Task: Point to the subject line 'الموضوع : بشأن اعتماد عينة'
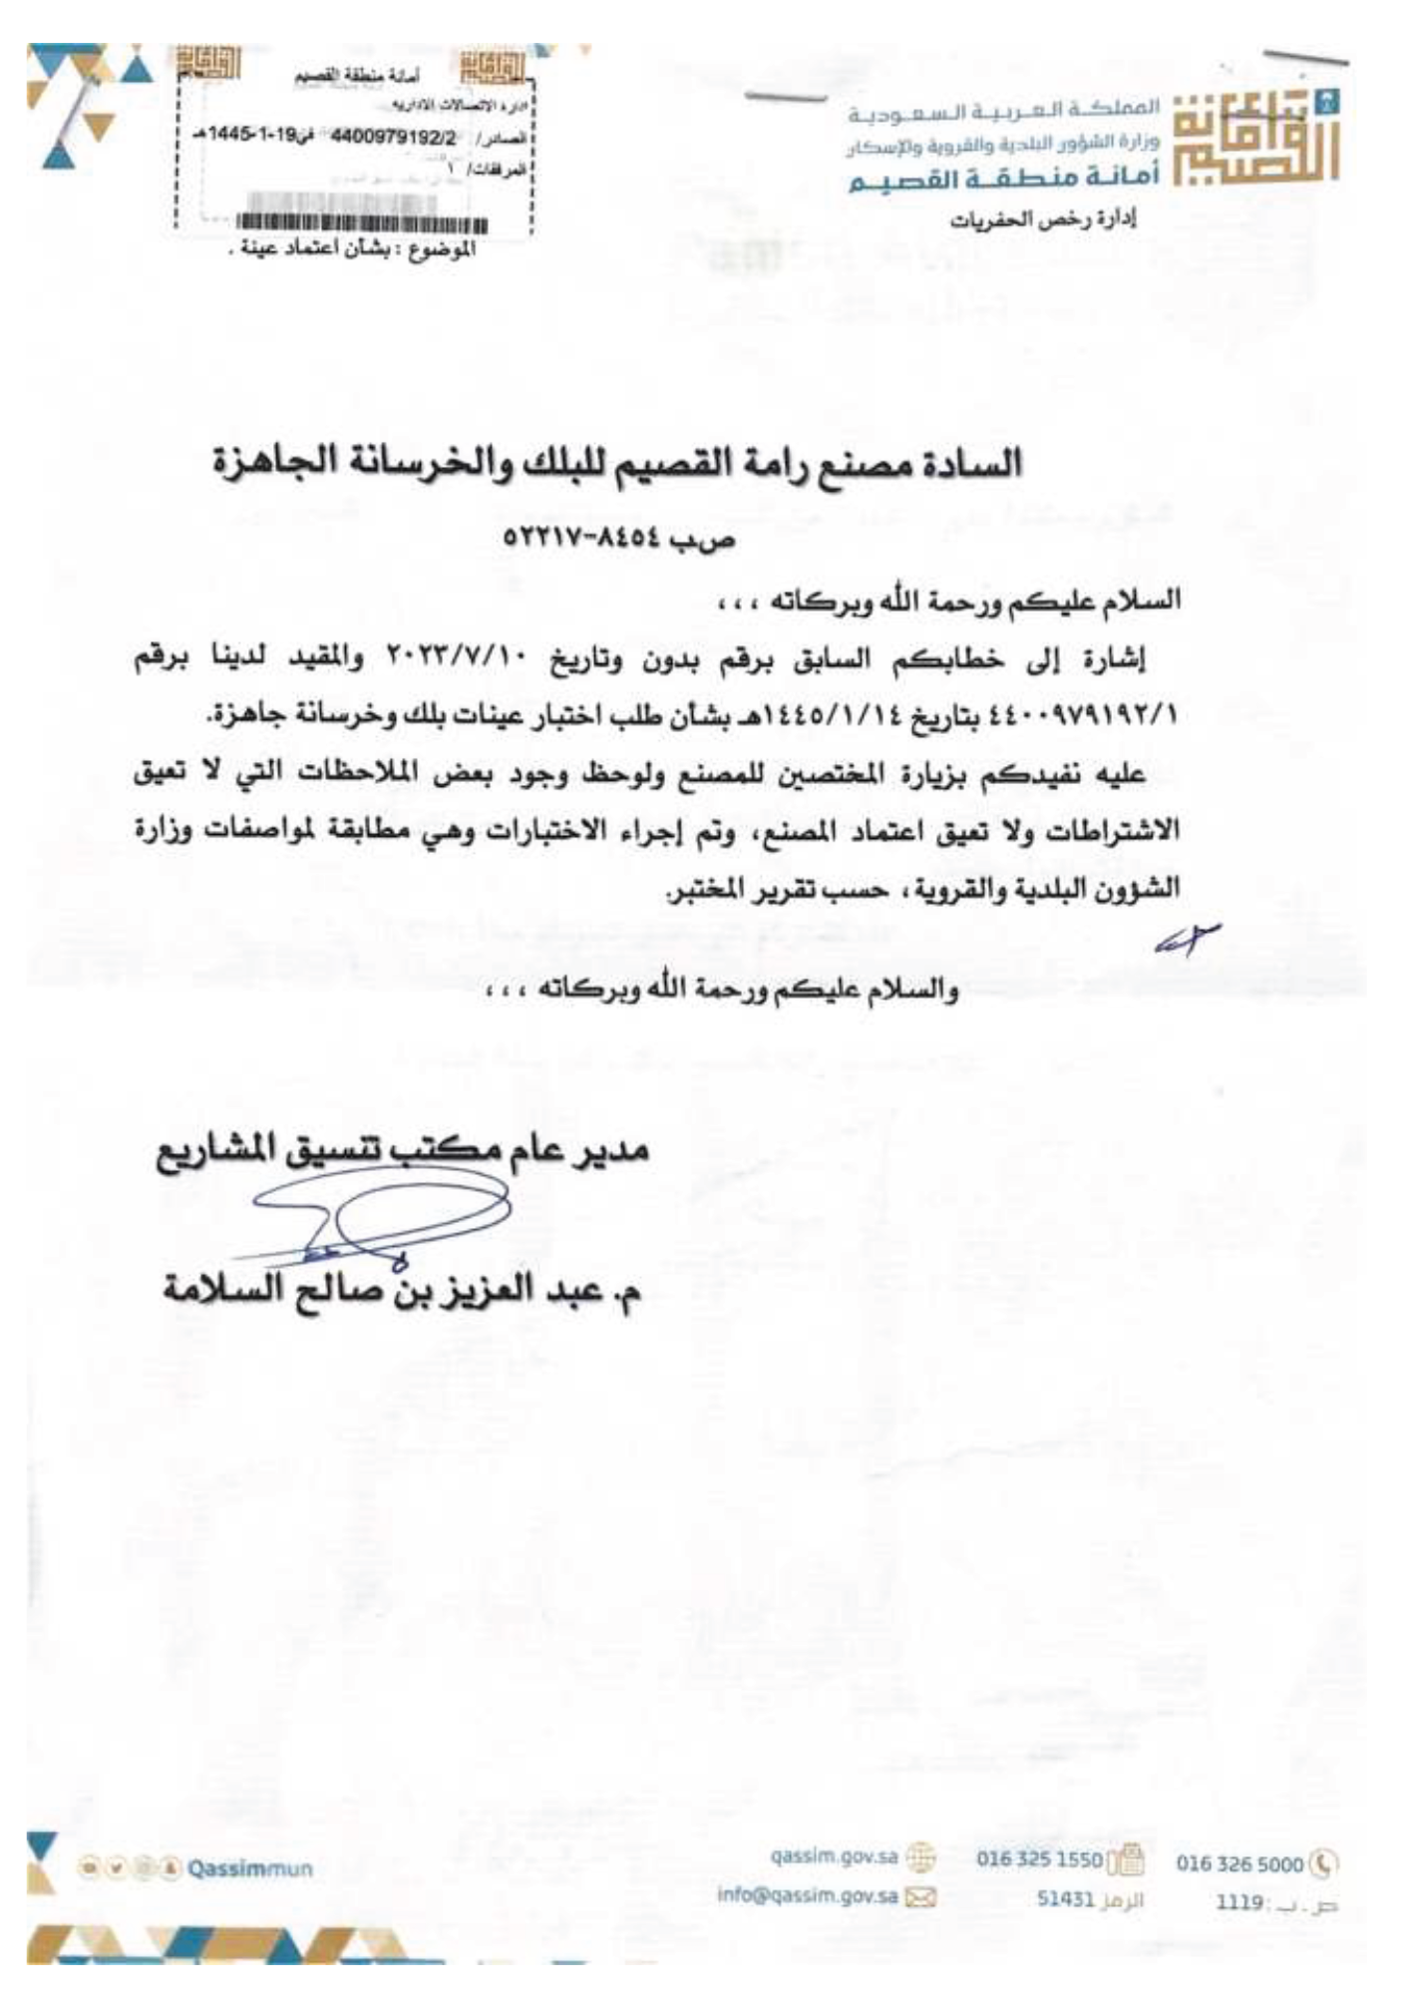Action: coord(353,249)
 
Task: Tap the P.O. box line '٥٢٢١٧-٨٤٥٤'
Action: coord(618,539)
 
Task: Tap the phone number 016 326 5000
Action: coord(1239,1862)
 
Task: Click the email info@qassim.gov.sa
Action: coord(808,1895)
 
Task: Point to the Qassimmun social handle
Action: coord(248,1868)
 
